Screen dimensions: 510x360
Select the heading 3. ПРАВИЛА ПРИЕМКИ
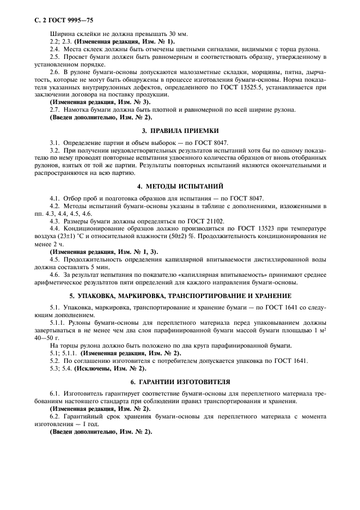pos(180,131)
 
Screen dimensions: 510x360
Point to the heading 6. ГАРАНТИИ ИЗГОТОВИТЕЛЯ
pos(180,381)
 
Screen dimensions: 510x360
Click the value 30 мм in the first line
pos(175,34)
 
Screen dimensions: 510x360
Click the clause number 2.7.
pos(54,109)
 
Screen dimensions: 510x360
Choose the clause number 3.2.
pos(54,150)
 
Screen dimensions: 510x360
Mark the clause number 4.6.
pos(54,275)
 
